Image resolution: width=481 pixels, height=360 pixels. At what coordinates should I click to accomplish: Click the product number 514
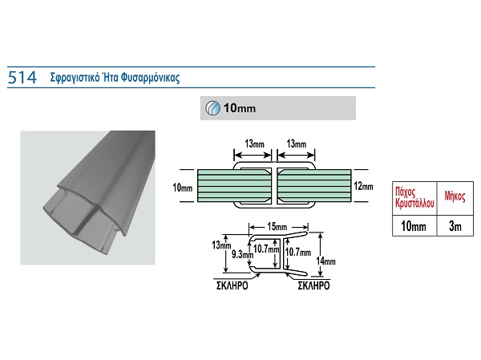point(19,78)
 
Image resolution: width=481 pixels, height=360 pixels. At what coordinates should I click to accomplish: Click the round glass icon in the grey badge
point(212,107)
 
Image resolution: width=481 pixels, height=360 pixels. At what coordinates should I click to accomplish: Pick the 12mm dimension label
point(363,186)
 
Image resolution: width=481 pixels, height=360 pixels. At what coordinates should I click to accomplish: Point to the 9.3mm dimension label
point(240,254)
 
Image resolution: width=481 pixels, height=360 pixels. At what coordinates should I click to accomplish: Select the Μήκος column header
point(455,195)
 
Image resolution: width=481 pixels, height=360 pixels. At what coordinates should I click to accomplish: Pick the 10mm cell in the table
point(413,227)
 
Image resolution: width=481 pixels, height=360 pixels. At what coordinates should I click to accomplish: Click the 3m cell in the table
point(455,227)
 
